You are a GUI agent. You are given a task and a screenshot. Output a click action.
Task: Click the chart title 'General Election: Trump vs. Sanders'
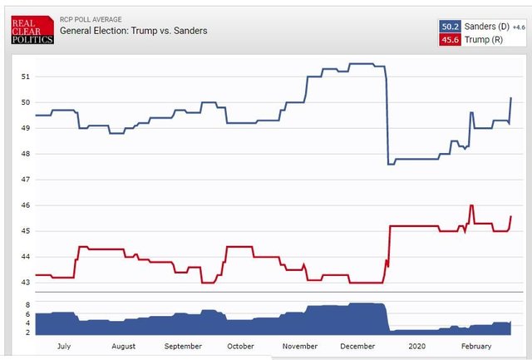pos(133,31)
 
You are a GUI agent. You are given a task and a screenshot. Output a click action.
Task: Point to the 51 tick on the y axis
pos(25,76)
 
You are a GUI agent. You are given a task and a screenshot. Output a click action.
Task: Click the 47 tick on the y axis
pos(25,180)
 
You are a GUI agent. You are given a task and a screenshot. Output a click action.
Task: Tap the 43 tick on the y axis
pos(25,283)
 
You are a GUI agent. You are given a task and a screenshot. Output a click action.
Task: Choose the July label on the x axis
pos(62,345)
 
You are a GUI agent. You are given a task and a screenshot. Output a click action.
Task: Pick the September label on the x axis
pos(182,345)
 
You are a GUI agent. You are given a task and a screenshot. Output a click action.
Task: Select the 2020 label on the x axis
pos(416,345)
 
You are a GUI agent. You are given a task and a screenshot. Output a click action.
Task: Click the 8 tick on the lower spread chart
pos(27,305)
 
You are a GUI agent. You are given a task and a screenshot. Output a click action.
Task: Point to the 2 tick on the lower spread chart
pos(27,332)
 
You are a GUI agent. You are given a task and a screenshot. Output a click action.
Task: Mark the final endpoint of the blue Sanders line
pos(510,98)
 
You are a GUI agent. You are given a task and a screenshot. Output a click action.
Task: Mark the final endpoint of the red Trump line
pos(510,216)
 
